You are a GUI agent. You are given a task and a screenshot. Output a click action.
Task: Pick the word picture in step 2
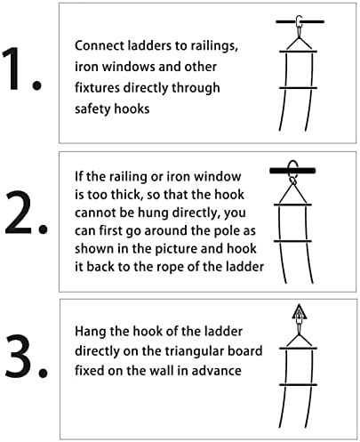[176, 249]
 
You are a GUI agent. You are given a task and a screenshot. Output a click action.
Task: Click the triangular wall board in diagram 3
[300, 312]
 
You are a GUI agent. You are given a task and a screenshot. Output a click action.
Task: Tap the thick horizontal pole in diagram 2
[292, 171]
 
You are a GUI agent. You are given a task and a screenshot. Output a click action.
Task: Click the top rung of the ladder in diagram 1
[298, 52]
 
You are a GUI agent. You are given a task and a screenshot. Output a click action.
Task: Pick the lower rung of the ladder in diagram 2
[292, 241]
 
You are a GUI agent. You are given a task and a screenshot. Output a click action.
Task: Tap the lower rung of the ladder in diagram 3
[298, 385]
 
